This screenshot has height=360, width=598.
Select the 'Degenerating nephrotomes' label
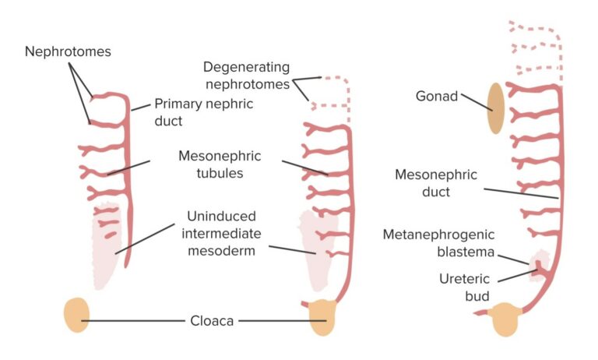pyautogui.click(x=246, y=75)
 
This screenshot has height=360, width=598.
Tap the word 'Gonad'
pyautogui.click(x=438, y=97)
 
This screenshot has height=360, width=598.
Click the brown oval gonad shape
pyautogui.click(x=495, y=108)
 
